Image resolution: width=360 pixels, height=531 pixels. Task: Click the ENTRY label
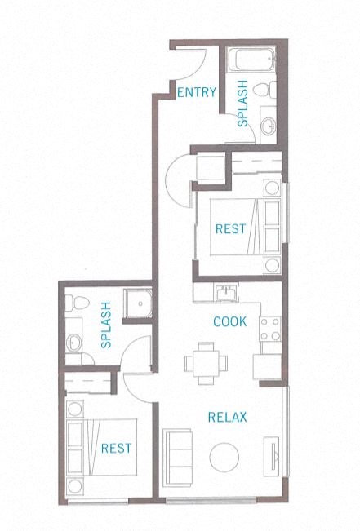coord(197,91)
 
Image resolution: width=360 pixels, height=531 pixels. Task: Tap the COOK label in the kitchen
coord(230,321)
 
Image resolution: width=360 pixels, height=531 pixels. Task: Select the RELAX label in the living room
coord(228,418)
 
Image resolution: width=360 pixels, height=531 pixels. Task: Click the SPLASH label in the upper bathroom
coord(243,104)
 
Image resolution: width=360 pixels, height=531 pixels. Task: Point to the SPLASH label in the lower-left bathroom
coord(105,326)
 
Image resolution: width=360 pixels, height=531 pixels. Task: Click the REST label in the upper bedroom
coord(230,229)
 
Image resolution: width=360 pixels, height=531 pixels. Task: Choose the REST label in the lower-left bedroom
coord(115,448)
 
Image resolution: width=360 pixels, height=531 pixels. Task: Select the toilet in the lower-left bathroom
coord(73,303)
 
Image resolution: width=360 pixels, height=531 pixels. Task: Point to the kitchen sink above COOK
coord(225,292)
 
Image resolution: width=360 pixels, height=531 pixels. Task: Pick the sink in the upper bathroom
coord(270,125)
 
